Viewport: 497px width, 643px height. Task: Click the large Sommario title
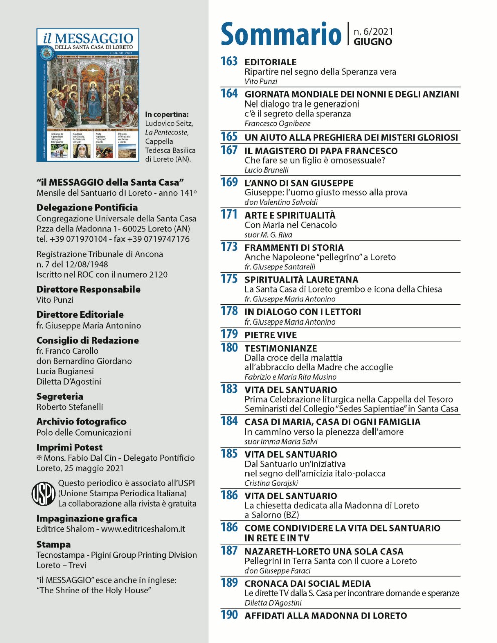click(281, 34)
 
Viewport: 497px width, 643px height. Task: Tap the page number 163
click(229, 61)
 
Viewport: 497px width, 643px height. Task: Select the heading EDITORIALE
click(271, 62)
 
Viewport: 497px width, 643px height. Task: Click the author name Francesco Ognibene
click(278, 123)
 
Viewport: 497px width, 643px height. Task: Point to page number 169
click(229, 182)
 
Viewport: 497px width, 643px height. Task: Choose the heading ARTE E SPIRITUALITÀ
click(290, 215)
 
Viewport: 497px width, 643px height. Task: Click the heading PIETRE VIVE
click(271, 335)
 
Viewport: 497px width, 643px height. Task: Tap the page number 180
click(229, 348)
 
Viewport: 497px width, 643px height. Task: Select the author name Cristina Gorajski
click(271, 483)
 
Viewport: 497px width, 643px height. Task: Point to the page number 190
click(229, 615)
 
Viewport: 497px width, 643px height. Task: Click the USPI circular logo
click(43, 494)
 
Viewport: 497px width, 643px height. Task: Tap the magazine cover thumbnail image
click(88, 95)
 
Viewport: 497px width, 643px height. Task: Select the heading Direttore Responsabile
click(88, 289)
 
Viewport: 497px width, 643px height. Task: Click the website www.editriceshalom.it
click(143, 529)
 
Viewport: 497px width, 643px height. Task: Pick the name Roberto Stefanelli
click(70, 407)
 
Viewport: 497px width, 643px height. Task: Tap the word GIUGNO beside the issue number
click(372, 42)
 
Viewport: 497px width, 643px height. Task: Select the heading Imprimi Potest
click(69, 447)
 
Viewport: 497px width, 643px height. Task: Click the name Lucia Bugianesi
click(65, 371)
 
